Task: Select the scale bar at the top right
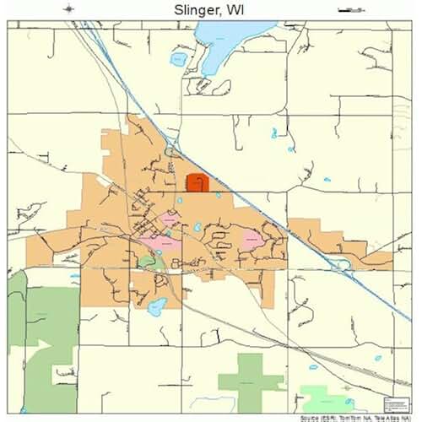[346, 9]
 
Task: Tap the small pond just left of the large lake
[178, 59]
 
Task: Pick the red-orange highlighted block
[197, 183]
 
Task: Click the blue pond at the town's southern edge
[157, 306]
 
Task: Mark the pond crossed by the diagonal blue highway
[342, 265]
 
